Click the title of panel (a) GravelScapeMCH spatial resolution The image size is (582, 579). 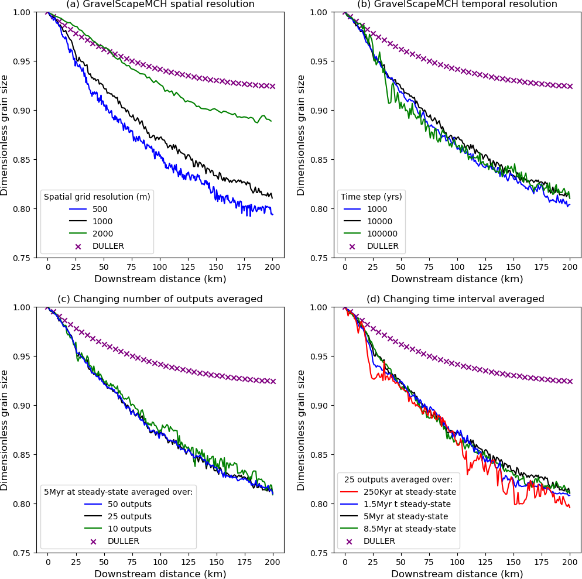(x=160, y=4)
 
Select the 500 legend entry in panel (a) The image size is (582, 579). (x=99, y=209)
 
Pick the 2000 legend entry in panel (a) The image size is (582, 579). (x=102, y=234)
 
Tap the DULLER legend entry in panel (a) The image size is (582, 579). (x=108, y=246)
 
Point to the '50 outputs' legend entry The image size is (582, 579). (x=129, y=504)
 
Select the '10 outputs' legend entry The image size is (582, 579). (x=129, y=529)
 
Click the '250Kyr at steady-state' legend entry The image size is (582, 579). (x=409, y=492)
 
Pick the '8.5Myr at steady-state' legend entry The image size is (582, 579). (x=409, y=529)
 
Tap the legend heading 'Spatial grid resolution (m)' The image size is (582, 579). (x=97, y=197)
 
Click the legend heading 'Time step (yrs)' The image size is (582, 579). (x=371, y=197)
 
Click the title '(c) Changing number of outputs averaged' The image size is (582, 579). (x=160, y=299)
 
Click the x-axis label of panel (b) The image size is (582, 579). (x=457, y=279)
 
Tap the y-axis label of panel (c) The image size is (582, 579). (x=5, y=430)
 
